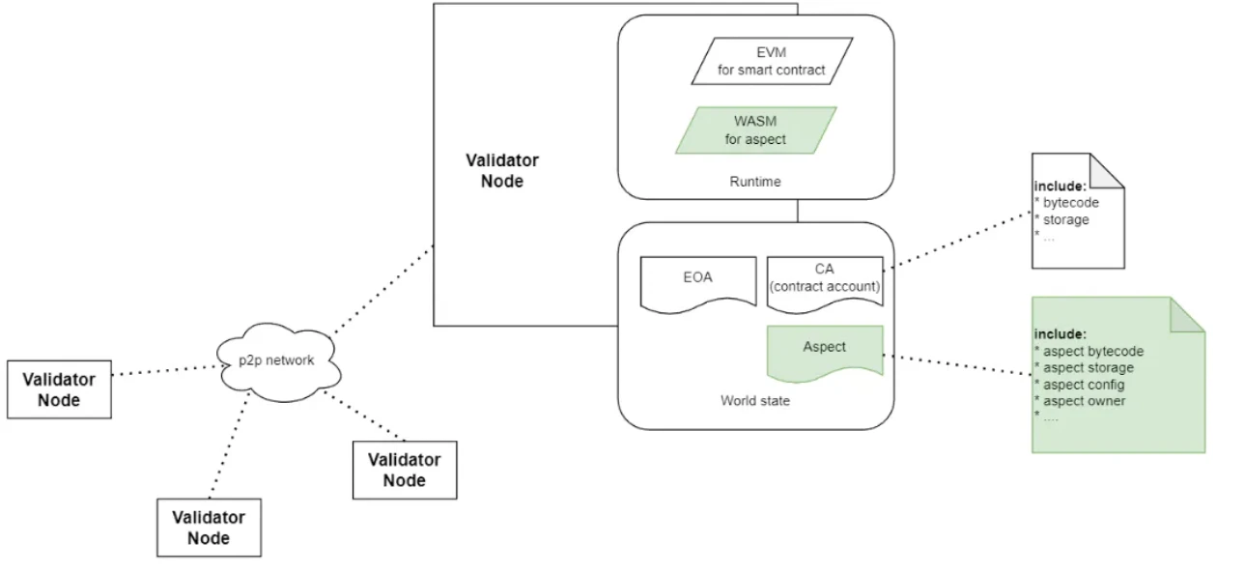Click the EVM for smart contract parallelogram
(772, 60)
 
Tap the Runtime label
(755, 181)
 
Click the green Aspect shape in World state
(824, 349)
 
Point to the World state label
(754, 400)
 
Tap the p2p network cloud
(277, 360)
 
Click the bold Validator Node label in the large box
(502, 171)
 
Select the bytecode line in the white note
(1071, 203)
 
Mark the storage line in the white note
(1065, 219)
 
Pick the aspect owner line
(1085, 401)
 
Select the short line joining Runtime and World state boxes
(797, 211)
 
